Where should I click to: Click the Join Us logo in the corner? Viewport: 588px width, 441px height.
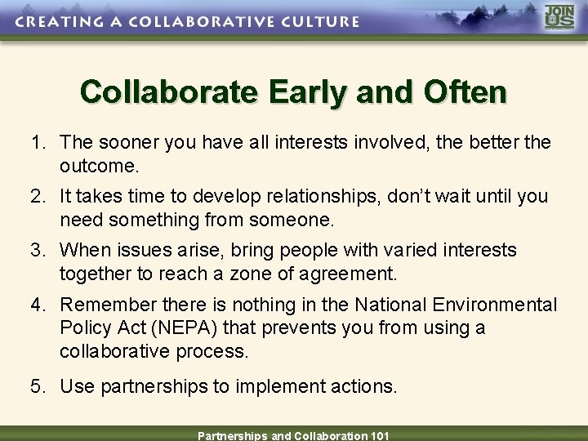560,18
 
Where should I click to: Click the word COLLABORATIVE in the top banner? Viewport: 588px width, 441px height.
207,21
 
